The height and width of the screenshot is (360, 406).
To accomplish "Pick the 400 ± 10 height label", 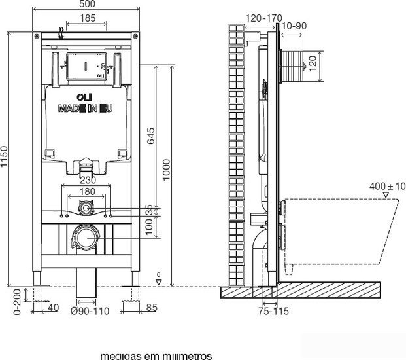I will click(x=384, y=187).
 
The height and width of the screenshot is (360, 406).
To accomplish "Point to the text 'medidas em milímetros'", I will click(x=156, y=355).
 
